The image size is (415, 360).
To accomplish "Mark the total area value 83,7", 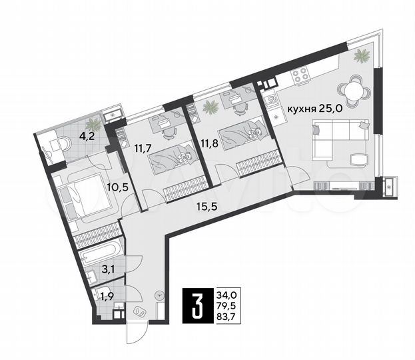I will (x=226, y=317).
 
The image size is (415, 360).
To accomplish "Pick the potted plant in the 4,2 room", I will (x=94, y=123).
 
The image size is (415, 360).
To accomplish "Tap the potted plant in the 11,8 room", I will (x=211, y=105).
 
